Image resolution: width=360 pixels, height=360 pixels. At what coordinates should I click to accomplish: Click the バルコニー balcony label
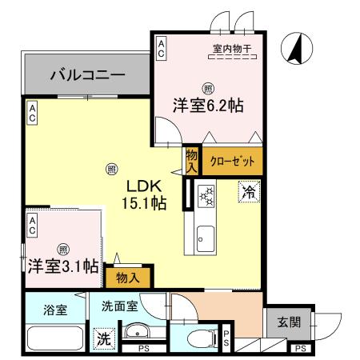pos(87,75)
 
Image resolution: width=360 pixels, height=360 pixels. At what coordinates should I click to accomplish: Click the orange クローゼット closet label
pos(232,161)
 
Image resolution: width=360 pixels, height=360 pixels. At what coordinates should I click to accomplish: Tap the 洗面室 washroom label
pos(120,305)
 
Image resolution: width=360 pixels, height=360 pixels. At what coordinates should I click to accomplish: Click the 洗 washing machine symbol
pos(104,338)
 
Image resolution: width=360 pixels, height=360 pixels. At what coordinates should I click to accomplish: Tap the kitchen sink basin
pos(203,238)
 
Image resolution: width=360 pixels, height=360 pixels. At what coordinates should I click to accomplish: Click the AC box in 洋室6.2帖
pos(162,47)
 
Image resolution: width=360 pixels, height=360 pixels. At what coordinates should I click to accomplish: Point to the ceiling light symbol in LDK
pos(111,169)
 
